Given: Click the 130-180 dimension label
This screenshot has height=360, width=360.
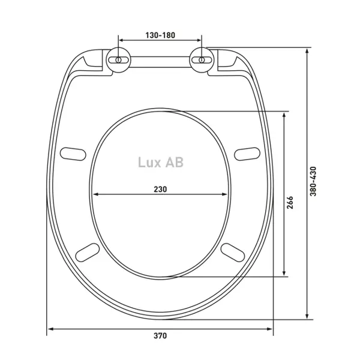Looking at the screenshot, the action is pyautogui.click(x=160, y=35).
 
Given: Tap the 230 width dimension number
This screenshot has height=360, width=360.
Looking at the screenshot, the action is pyautogui.click(x=160, y=190).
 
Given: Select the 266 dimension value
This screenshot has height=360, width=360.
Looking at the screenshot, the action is pyautogui.click(x=290, y=202).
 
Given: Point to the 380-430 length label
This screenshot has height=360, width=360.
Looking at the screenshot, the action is pyautogui.click(x=313, y=181).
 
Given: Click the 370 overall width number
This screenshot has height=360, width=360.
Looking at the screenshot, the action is pyautogui.click(x=160, y=335).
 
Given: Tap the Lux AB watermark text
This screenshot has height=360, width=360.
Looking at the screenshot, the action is pyautogui.click(x=161, y=162).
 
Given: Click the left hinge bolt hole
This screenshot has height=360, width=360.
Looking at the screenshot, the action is pyautogui.click(x=118, y=60).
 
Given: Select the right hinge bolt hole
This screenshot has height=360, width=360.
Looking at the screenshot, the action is pyautogui.click(x=202, y=60).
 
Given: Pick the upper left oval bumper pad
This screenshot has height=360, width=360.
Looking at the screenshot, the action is pyautogui.click(x=73, y=154).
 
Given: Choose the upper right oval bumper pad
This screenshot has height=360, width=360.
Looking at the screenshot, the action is pyautogui.click(x=247, y=154).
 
